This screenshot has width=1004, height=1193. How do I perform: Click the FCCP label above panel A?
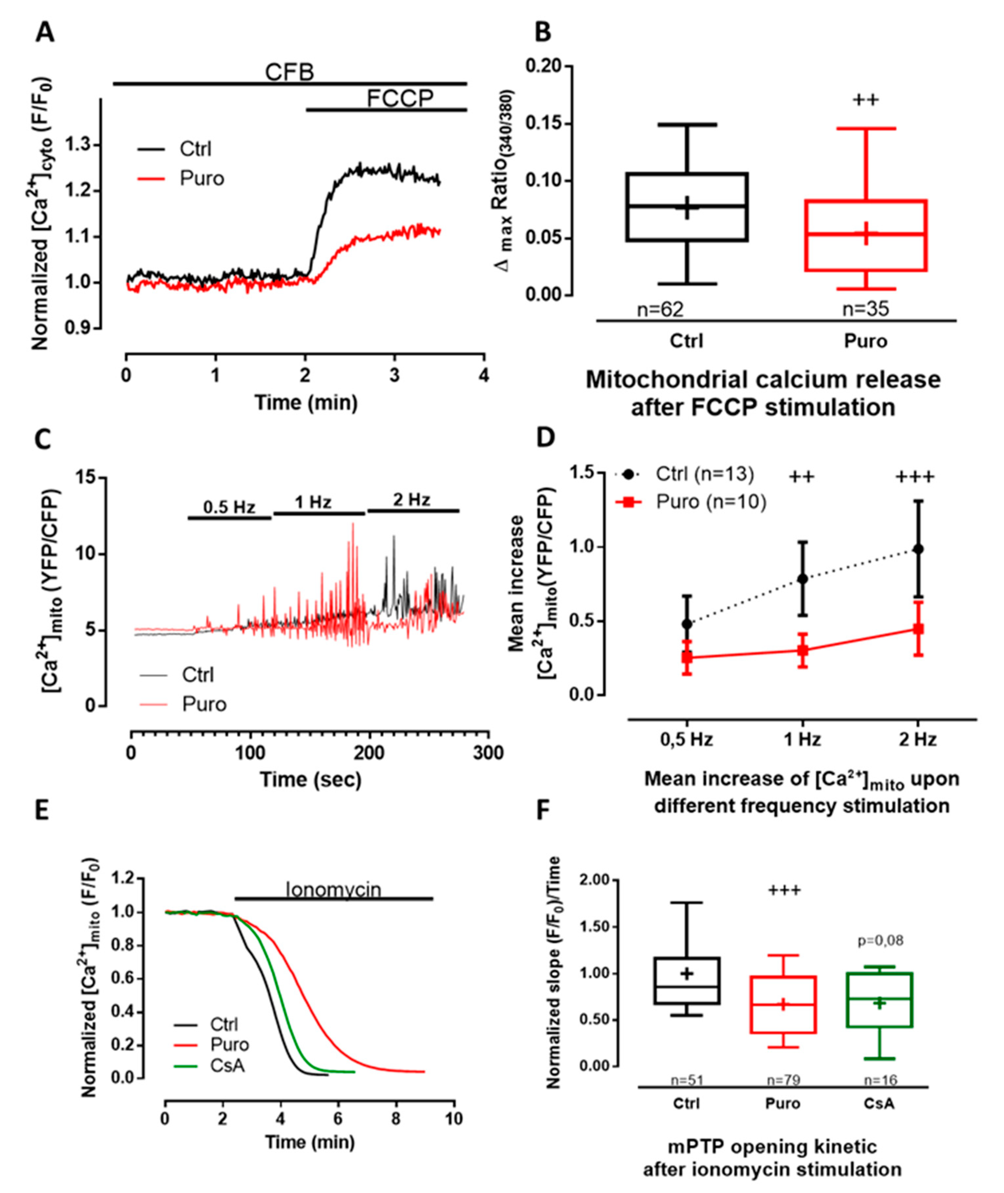pyautogui.click(x=400, y=98)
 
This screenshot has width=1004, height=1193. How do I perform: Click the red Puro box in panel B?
pyautogui.click(x=866, y=235)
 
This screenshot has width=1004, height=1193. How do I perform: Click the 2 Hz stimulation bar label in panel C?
pyautogui.click(x=411, y=500)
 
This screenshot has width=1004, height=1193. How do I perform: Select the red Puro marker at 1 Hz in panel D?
pyautogui.click(x=802, y=650)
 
